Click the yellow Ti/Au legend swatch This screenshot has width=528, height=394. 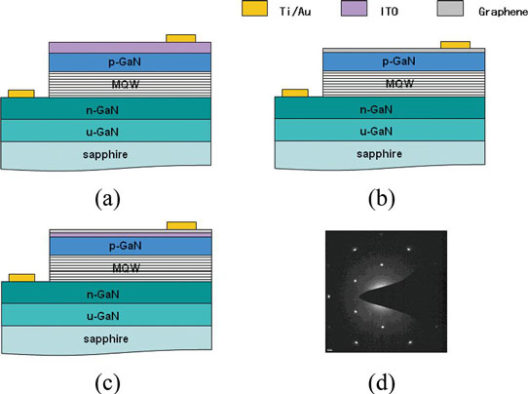[x=254, y=9]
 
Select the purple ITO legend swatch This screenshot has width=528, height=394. [x=354, y=9]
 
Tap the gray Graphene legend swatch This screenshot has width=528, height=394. [x=450, y=9]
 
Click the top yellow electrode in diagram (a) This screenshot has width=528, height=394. [x=181, y=38]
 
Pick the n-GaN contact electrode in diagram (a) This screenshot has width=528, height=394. [x=21, y=94]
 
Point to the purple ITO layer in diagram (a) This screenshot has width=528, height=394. [x=130, y=48]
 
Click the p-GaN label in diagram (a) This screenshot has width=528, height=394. [x=125, y=62]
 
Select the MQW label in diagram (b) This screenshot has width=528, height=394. [x=399, y=83]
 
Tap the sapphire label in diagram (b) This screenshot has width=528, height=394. [x=379, y=154]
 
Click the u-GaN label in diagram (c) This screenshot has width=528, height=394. [x=103, y=316]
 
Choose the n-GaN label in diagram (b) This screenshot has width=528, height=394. [x=376, y=109]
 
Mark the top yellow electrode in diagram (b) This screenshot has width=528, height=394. [x=455, y=45]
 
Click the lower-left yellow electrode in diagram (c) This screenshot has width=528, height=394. [x=21, y=278]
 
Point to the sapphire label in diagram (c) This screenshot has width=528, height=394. [x=106, y=338]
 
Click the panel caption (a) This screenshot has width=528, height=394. [x=107, y=199]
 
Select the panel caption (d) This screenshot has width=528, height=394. [x=382, y=383]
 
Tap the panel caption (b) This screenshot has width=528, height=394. [x=382, y=199]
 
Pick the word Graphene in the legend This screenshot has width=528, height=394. [x=503, y=12]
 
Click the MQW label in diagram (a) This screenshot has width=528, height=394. [x=126, y=84]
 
